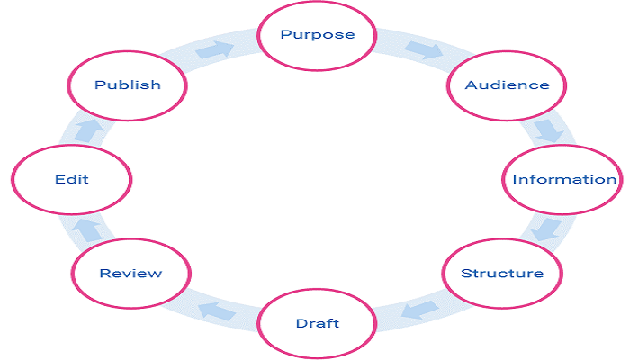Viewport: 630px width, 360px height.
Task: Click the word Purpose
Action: point(317,35)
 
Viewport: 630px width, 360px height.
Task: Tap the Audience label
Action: point(507,85)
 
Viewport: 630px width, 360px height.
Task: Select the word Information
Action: point(564,179)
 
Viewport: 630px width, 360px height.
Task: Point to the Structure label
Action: point(502,273)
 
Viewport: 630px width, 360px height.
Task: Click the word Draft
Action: point(317,323)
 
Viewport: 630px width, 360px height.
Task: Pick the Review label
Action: point(130,273)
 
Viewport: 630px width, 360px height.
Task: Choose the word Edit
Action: point(71,179)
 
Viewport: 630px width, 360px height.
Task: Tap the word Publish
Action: point(128,85)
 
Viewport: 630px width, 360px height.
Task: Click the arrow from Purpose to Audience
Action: point(422,49)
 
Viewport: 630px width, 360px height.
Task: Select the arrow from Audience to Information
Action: point(546,130)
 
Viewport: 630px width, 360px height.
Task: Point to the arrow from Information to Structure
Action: point(545,229)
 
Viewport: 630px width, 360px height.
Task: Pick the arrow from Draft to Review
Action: point(216,310)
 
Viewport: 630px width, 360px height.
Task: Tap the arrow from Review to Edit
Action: point(87,229)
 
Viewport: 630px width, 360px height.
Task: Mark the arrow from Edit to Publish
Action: point(88,130)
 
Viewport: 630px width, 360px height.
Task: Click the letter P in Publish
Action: point(100,85)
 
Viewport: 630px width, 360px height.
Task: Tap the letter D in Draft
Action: point(301,323)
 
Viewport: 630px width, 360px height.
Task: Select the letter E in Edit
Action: point(58,179)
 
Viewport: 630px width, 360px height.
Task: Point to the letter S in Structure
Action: point(465,273)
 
